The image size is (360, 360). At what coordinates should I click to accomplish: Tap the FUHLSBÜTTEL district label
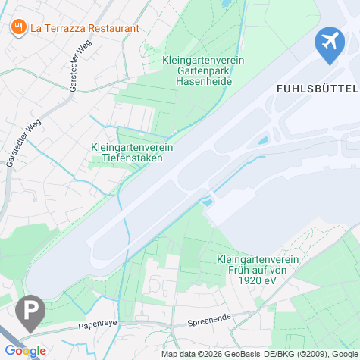(312, 88)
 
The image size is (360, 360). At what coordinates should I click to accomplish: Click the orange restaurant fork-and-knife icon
(17, 28)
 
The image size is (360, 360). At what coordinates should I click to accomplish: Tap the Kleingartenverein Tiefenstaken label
(132, 152)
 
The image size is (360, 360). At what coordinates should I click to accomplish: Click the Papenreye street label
(98, 325)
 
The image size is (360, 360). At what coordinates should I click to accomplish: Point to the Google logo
(25, 351)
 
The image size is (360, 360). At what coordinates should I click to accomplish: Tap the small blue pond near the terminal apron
(263, 141)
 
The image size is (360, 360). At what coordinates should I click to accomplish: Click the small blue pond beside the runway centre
(206, 202)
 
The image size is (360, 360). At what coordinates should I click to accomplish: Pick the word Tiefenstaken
(132, 158)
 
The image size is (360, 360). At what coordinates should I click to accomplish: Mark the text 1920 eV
(258, 280)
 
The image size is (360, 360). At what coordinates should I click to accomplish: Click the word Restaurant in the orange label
(111, 28)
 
